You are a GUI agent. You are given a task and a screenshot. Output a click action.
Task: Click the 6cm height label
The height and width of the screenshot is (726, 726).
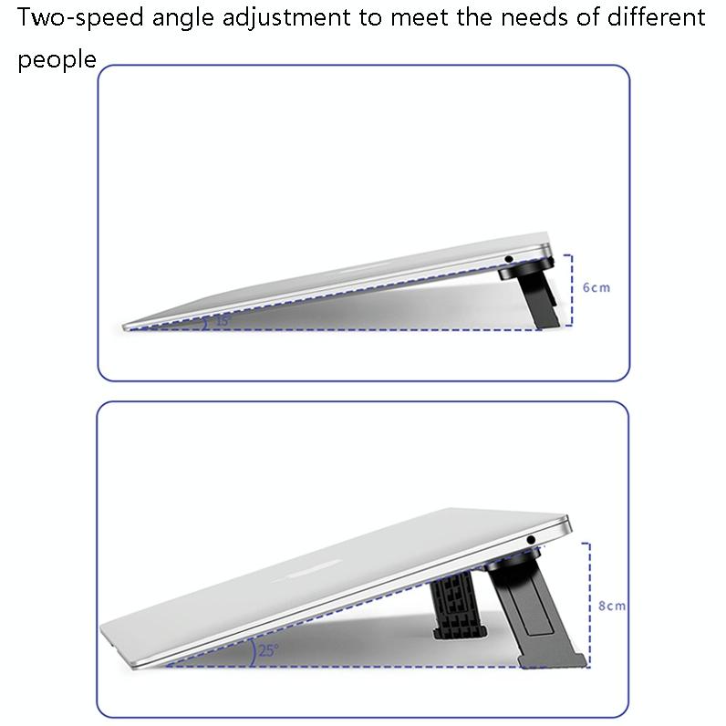[x=596, y=287]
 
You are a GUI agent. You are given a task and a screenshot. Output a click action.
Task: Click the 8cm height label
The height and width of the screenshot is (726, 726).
[x=612, y=606]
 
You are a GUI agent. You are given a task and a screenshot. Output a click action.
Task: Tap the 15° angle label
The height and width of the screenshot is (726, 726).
[x=222, y=321]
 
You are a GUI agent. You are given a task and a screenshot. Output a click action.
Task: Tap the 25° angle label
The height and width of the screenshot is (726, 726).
[x=268, y=651]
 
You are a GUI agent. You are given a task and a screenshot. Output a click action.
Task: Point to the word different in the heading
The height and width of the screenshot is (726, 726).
[x=653, y=18]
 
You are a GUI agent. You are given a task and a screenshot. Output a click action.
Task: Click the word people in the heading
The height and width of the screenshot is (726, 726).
[x=57, y=60]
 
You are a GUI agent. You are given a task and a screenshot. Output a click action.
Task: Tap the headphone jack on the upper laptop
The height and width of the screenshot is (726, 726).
[x=507, y=259]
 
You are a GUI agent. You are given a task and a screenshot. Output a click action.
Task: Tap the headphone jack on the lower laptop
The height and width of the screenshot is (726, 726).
[x=532, y=542]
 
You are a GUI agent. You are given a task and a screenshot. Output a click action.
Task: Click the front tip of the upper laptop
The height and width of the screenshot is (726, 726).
[x=128, y=326]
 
